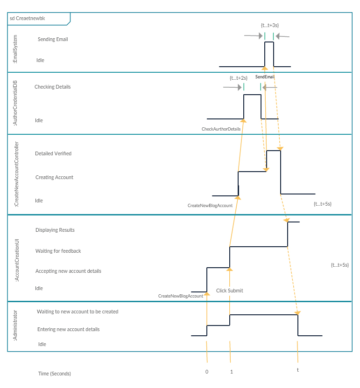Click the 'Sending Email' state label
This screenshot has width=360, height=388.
point(53,39)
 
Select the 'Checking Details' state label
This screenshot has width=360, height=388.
point(52,87)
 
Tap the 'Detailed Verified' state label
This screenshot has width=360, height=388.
point(53,153)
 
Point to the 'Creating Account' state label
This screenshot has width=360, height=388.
point(54,177)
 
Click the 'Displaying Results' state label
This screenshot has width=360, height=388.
point(55,230)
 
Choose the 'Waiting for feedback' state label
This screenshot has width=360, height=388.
point(58,251)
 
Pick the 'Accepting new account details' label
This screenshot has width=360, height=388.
point(68,271)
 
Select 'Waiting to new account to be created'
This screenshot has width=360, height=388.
point(78,312)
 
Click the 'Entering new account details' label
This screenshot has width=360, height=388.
point(69,329)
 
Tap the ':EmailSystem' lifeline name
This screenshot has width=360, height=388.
point(15,49)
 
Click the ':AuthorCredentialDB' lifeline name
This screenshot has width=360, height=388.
point(15,103)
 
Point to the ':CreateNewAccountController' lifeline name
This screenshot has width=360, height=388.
point(16,174)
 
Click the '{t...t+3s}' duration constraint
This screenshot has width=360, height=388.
point(270,25)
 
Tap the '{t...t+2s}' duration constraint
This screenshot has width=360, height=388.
point(239,78)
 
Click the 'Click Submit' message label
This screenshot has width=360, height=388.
point(229,291)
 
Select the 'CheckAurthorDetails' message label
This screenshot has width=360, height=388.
point(221,129)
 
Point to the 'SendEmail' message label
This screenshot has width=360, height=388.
point(265,76)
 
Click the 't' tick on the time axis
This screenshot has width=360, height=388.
point(298,370)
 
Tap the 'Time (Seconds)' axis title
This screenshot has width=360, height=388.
point(55,374)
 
